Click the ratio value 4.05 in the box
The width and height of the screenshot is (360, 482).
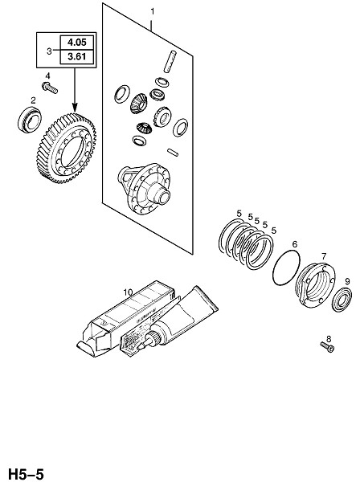pyautogui.click(x=77, y=42)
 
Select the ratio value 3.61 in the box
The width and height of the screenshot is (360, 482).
pyautogui.click(x=77, y=57)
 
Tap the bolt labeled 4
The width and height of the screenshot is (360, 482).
pyautogui.click(x=50, y=88)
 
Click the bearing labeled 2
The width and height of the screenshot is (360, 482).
pyautogui.click(x=30, y=120)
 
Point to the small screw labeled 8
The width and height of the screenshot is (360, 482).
pyautogui.click(x=327, y=347)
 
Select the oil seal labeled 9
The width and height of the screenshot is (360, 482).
pyautogui.click(x=342, y=300)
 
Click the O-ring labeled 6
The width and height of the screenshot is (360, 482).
pyautogui.click(x=286, y=268)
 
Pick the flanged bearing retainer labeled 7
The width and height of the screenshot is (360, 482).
pyautogui.click(x=315, y=284)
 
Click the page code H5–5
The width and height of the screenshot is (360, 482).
pyautogui.click(x=27, y=474)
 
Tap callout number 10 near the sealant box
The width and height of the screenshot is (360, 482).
pyautogui.click(x=128, y=292)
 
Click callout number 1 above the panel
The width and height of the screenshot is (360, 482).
pyautogui.click(x=152, y=11)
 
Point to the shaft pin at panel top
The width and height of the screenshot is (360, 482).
pyautogui.click(x=170, y=62)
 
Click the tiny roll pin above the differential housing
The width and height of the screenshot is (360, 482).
pyautogui.click(x=173, y=152)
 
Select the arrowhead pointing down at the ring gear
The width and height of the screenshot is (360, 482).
pyautogui.click(x=75, y=107)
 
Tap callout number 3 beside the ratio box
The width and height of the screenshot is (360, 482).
pyautogui.click(x=49, y=51)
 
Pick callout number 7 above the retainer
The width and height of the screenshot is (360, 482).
pyautogui.click(x=324, y=256)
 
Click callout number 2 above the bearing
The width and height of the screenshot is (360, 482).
pyautogui.click(x=33, y=100)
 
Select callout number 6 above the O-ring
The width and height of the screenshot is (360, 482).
pyautogui.click(x=295, y=244)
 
